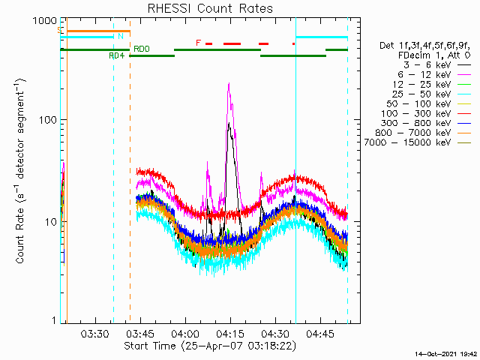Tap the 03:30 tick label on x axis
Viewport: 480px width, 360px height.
tap(96, 334)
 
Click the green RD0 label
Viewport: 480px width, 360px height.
tap(141, 49)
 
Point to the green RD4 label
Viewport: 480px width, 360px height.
tap(116, 55)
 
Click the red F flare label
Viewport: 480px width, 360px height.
tap(198, 43)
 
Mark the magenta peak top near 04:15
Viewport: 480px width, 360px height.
tap(229, 84)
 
